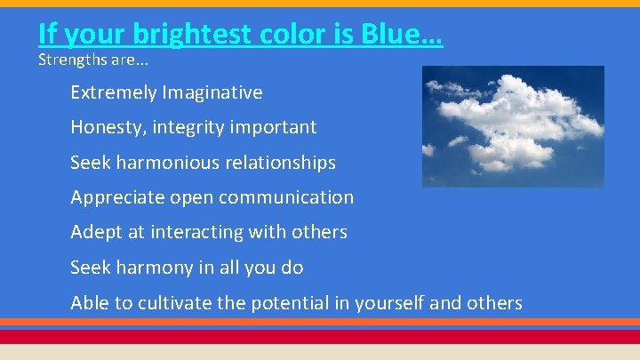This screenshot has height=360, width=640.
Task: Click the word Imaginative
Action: [214, 92]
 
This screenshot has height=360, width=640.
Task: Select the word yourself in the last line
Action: [389, 303]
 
